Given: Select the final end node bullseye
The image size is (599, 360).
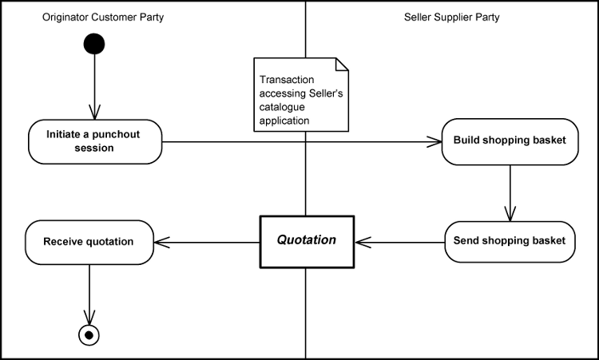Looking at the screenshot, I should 89,334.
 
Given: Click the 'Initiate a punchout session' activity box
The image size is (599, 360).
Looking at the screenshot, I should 95,141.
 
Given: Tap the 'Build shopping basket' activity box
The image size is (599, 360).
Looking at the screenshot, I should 510,141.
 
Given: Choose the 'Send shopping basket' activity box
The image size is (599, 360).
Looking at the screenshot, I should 510,240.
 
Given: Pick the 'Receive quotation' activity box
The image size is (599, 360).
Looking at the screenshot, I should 89,242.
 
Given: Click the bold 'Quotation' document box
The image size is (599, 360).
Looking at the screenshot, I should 306,240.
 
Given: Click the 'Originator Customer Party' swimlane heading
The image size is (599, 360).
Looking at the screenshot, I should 103,17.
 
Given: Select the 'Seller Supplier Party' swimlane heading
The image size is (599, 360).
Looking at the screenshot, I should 452,17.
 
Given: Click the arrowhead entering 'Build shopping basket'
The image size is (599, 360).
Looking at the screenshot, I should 435,142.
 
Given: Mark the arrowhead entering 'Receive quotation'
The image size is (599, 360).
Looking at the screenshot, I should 161,241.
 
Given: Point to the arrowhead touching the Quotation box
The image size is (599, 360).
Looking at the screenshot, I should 362,241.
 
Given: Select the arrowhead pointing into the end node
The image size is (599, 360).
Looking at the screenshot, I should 89,318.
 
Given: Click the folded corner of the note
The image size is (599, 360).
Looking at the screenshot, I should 343,64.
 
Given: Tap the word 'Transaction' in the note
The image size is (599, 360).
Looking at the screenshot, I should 285,81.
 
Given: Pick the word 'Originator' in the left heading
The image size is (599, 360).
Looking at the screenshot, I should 66,17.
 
